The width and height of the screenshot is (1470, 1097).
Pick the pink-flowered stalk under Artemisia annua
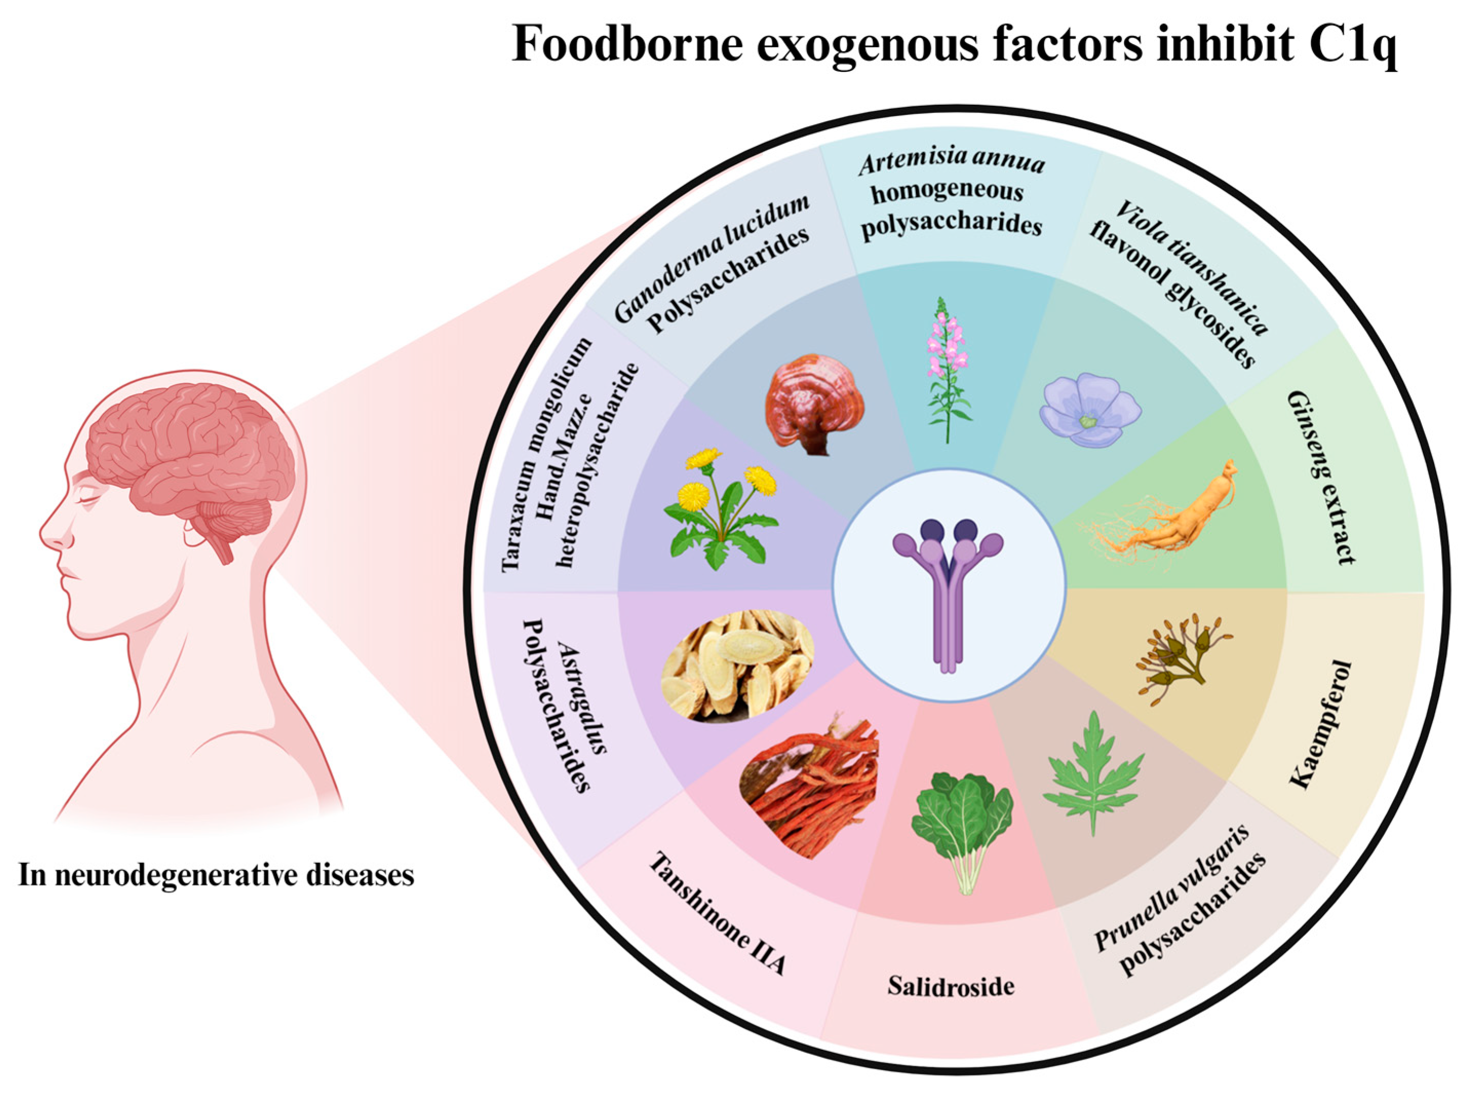tap(945, 368)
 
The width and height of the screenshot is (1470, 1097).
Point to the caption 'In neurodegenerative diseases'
tap(215, 875)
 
